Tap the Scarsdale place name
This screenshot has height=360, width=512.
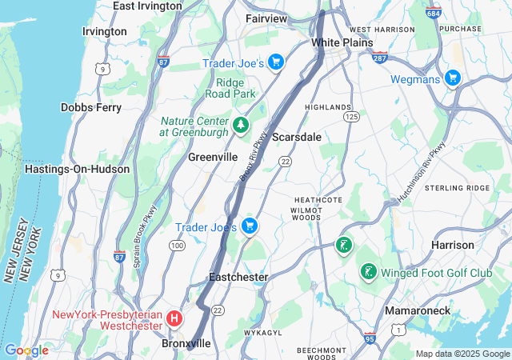point(296,137)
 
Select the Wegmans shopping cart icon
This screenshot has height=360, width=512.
point(453,78)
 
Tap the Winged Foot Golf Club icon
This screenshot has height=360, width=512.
point(368,273)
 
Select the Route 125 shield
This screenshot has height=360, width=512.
point(350,117)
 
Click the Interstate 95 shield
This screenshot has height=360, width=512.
point(370,339)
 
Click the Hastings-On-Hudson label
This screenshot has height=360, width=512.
point(66,169)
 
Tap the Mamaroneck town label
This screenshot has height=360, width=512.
point(417,310)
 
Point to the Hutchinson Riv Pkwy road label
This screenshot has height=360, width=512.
point(422,172)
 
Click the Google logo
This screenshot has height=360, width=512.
point(26,350)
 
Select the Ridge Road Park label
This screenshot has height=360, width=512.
point(235,87)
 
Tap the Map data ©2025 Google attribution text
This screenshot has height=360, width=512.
point(462,354)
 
